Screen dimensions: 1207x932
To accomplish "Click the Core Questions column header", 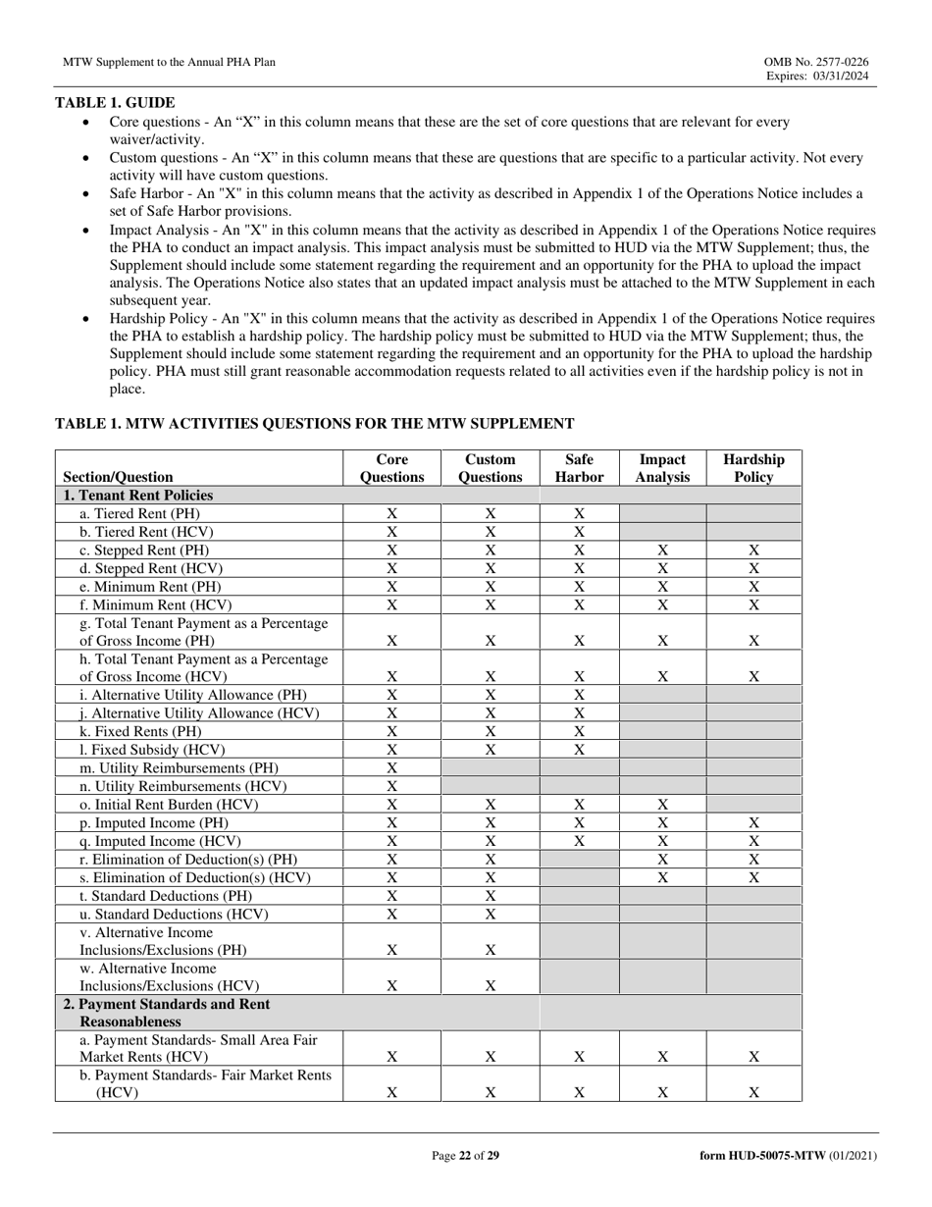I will (391, 468).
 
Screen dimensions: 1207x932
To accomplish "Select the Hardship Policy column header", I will (753, 468).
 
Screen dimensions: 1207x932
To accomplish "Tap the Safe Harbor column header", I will (579, 468).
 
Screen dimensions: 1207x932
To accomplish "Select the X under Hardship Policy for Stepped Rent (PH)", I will (753, 551).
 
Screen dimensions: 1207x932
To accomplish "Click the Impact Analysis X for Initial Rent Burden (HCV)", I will (662, 805).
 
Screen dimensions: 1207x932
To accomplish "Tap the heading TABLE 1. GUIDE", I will (115, 102).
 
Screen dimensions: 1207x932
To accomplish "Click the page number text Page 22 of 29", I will (466, 1156).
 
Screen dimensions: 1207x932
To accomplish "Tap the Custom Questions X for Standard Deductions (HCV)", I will (491, 914).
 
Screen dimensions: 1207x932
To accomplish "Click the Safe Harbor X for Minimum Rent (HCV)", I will (579, 604).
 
